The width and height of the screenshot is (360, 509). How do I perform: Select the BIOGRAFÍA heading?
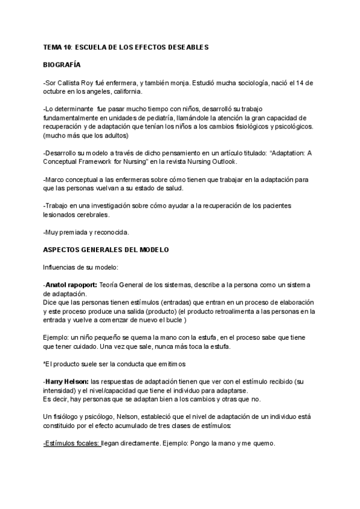[62, 64]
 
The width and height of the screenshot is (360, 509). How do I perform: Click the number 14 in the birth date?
[302, 82]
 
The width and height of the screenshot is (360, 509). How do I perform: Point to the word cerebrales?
[92, 215]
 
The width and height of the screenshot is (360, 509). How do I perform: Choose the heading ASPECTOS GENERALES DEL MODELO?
[106, 250]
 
